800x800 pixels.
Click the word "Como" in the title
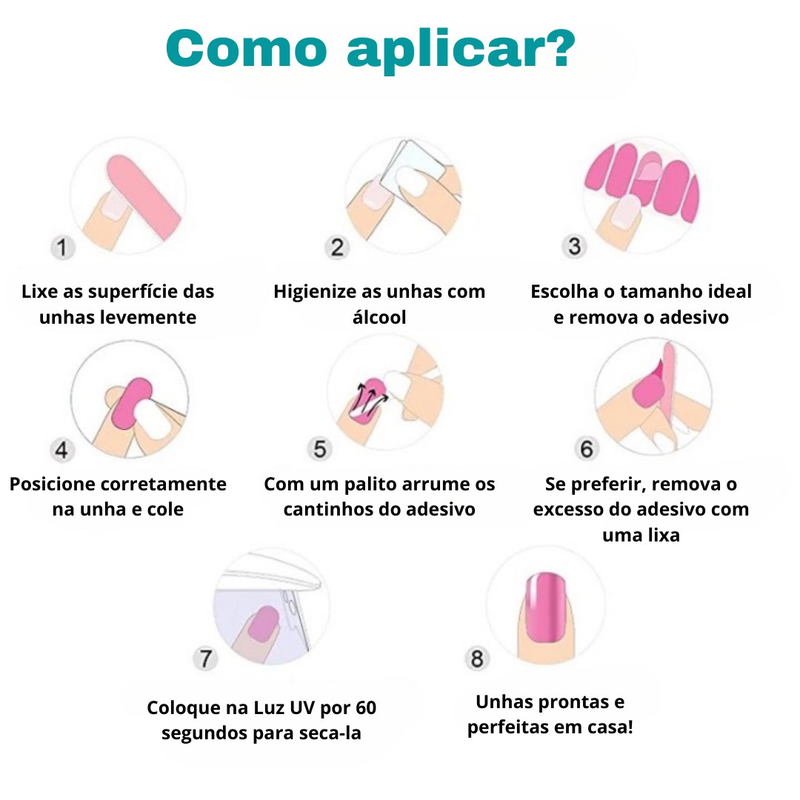click(x=247, y=48)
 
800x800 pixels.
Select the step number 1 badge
click(x=63, y=247)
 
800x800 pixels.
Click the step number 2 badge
click(x=337, y=247)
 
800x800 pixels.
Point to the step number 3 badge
click(x=575, y=246)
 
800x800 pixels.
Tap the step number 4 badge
click(x=61, y=450)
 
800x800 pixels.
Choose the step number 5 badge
click(x=319, y=449)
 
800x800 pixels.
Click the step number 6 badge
click(x=587, y=448)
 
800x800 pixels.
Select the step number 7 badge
click(x=205, y=659)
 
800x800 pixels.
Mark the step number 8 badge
click(x=477, y=659)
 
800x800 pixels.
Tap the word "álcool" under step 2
click(x=379, y=317)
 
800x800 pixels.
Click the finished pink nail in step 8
click(x=546, y=607)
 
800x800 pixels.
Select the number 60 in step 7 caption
click(x=366, y=707)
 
